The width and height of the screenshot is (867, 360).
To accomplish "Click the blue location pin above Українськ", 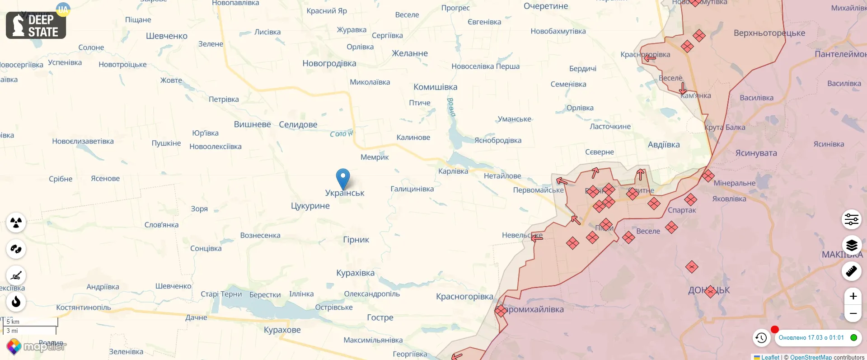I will pyautogui.click(x=343, y=177).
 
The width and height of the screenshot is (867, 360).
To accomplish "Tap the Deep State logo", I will pyautogui.click(x=36, y=25).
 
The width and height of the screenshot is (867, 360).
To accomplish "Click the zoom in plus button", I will pyautogui.click(x=853, y=296).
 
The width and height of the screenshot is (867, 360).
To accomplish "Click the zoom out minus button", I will pyautogui.click(x=853, y=313).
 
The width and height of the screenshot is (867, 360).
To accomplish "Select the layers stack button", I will pyautogui.click(x=852, y=245).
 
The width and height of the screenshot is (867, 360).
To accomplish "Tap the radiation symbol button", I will pyautogui.click(x=16, y=223).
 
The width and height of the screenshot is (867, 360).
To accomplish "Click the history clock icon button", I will pyautogui.click(x=761, y=337).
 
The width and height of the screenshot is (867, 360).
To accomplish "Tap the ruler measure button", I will pyautogui.click(x=852, y=271).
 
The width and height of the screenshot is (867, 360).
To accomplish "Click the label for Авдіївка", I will pyautogui.click(x=663, y=145).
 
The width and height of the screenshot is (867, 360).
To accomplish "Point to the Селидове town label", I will pyautogui.click(x=298, y=124).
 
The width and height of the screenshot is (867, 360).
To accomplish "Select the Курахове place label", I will pyautogui.click(x=282, y=330).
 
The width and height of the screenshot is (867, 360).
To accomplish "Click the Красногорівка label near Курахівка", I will pyautogui.click(x=464, y=297).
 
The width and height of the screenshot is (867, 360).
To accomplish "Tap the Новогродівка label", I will pyautogui.click(x=329, y=63).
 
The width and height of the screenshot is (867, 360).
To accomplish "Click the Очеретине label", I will pyautogui.click(x=546, y=6).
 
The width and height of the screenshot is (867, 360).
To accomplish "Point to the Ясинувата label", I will pyautogui.click(x=756, y=153).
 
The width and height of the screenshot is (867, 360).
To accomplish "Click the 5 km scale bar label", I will pyautogui.click(x=13, y=322).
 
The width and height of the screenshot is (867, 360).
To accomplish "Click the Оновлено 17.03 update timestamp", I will pyautogui.click(x=811, y=337).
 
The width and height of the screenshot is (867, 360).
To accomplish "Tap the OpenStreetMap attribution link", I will pyautogui.click(x=811, y=357).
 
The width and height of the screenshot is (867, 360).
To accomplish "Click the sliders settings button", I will pyautogui.click(x=852, y=219).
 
